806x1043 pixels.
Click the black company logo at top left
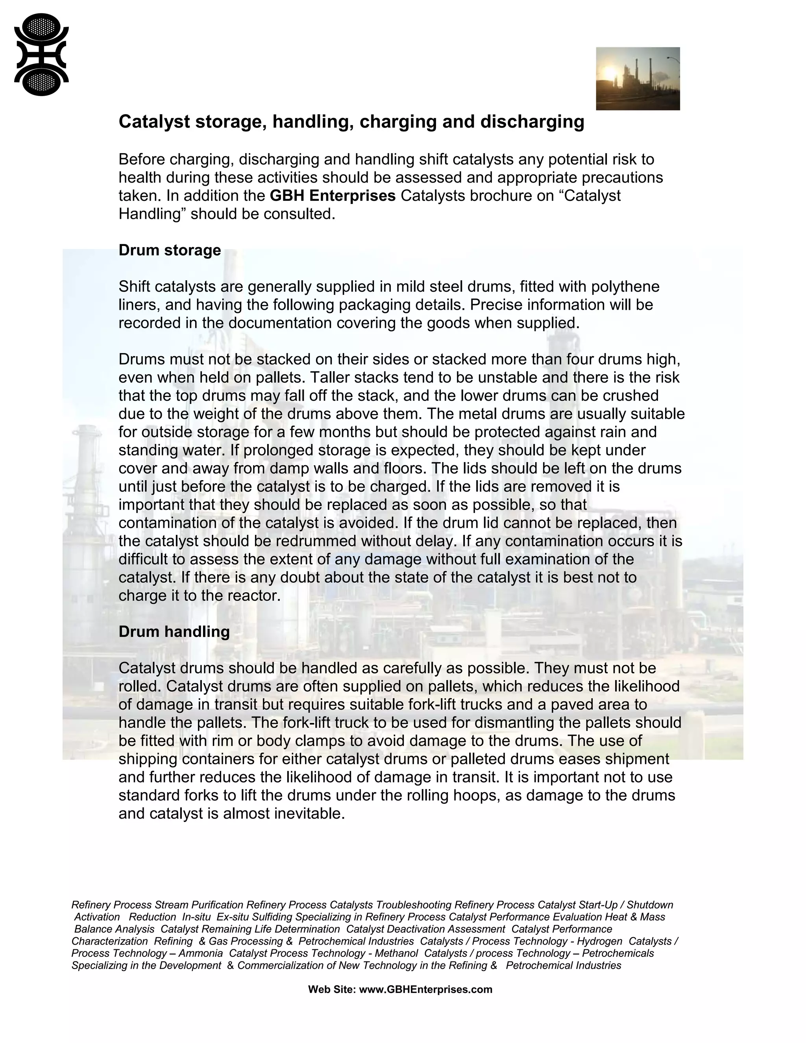[x=42, y=54]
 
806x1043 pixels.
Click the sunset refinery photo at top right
[x=638, y=78]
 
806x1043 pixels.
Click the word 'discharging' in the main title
[x=532, y=122]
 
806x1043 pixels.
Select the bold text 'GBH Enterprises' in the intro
[x=332, y=196]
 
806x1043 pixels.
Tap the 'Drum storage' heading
[x=170, y=250]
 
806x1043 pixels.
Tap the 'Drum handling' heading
[x=174, y=632]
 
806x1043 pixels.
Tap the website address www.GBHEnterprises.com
[x=425, y=989]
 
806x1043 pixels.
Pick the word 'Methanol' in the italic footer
[x=396, y=953]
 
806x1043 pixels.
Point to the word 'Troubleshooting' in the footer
[x=414, y=905]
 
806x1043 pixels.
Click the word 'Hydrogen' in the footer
[x=599, y=941]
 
